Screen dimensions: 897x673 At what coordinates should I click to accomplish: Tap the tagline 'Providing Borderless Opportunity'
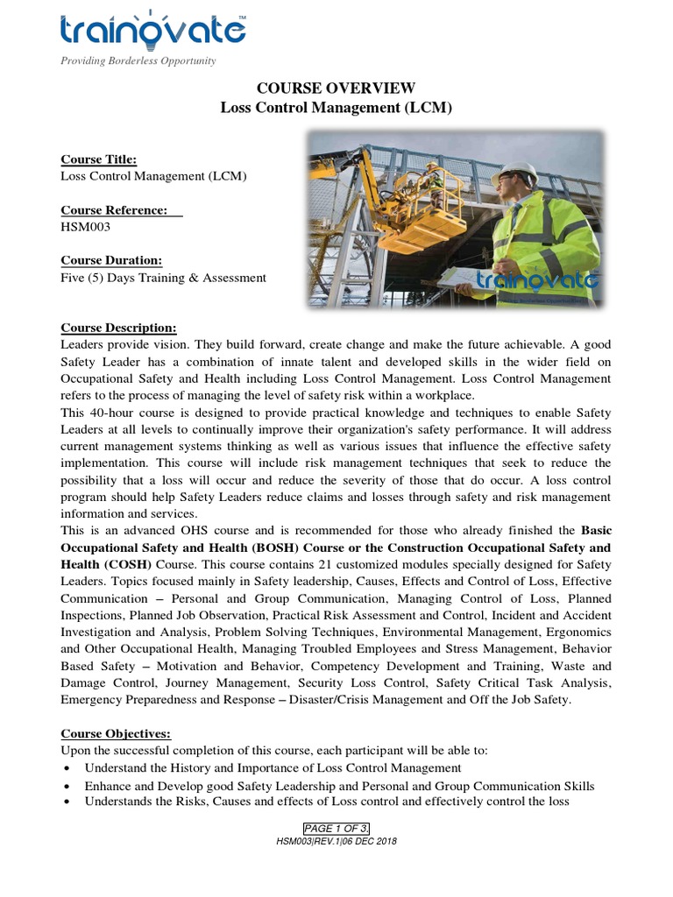click(137, 60)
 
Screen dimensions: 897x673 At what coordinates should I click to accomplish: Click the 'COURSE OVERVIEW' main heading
click(336, 88)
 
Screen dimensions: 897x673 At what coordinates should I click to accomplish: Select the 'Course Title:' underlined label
click(98, 159)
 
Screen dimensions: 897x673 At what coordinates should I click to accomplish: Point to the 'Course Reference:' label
click(121, 210)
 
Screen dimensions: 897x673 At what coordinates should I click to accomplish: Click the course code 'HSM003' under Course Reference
click(85, 226)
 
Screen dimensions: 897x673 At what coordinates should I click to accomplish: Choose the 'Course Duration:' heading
click(111, 261)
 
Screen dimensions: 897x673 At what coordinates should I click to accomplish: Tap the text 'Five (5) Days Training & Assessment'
click(163, 278)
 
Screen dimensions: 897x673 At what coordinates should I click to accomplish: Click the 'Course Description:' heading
click(118, 328)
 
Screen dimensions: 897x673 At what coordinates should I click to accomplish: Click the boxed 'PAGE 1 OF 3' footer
click(336, 829)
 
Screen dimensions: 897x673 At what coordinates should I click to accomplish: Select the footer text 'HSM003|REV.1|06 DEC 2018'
click(336, 841)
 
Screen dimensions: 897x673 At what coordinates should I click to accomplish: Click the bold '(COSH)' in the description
click(127, 565)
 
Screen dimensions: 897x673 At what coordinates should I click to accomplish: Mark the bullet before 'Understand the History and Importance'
click(67, 768)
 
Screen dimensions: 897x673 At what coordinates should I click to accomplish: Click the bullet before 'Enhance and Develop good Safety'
click(67, 786)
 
